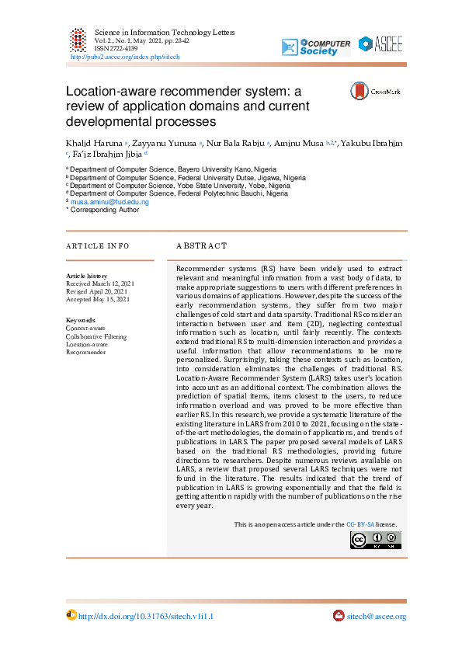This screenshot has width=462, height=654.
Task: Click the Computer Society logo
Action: [316, 47]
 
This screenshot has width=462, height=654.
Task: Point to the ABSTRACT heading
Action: [202, 245]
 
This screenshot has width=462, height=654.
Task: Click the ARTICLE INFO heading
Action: [98, 245]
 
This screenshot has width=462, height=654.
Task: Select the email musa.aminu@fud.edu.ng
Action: [109, 201]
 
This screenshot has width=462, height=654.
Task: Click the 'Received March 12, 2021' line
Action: [100, 284]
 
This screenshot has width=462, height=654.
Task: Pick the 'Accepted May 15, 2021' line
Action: [98, 299]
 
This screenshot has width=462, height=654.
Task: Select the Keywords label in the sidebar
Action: [81, 320]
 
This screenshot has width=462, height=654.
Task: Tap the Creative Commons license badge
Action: [376, 540]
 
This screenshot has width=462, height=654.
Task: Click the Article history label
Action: [87, 276]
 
